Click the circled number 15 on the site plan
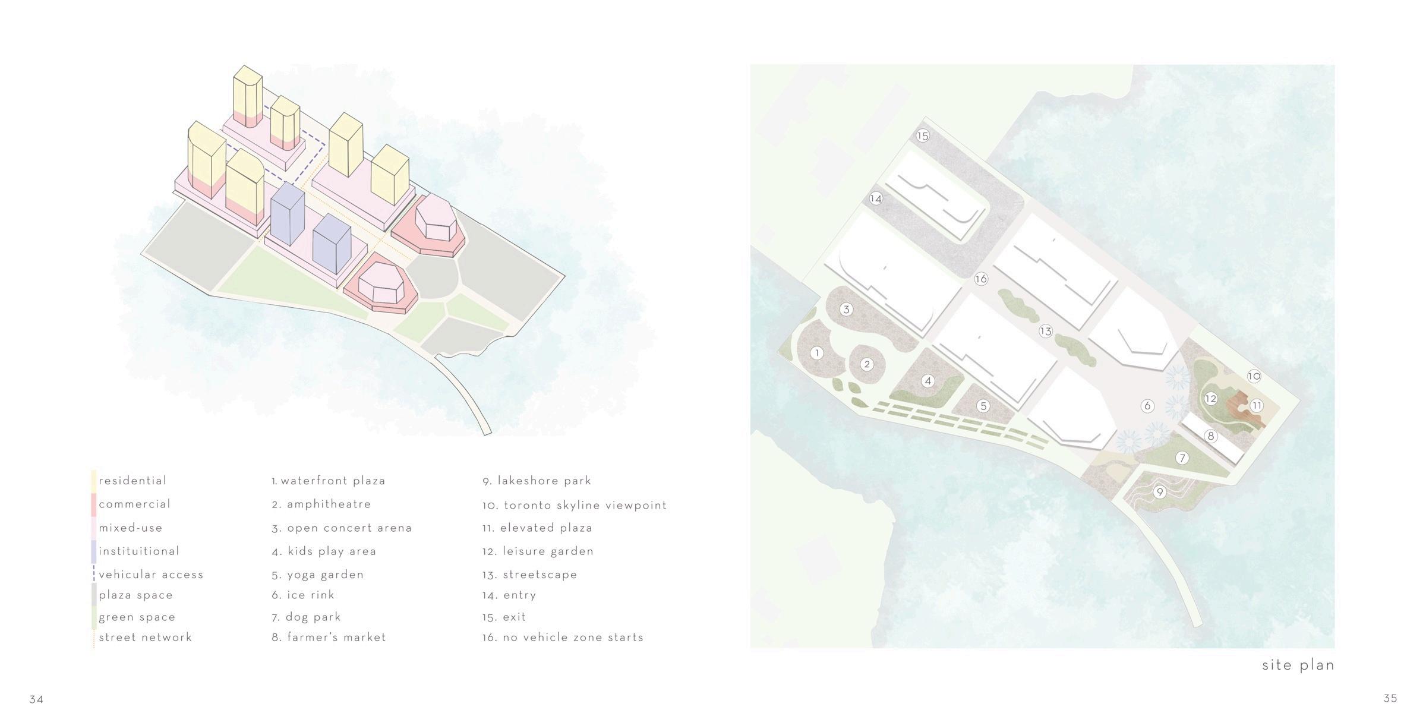click(x=922, y=135)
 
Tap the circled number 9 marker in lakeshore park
click(x=1159, y=492)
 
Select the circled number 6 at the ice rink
click(x=1147, y=406)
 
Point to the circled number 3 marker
click(x=847, y=309)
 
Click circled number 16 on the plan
click(x=981, y=279)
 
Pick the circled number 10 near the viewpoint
click(x=1254, y=376)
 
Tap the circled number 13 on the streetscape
click(x=1046, y=332)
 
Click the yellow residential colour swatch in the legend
click(x=93, y=481)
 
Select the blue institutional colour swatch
click(x=93, y=551)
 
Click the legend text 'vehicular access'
click(x=151, y=575)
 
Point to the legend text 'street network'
click(x=146, y=638)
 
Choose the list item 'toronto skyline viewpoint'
click(x=585, y=505)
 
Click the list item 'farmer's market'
click(x=336, y=638)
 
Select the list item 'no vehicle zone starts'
click(x=573, y=638)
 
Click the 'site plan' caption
click(x=1298, y=665)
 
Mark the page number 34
click(x=36, y=699)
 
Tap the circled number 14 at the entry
click(x=876, y=198)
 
